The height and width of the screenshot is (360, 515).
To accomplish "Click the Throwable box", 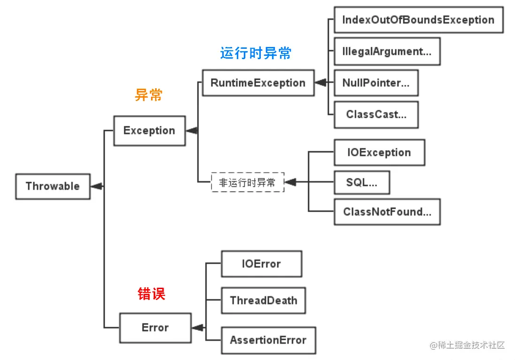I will [52, 186].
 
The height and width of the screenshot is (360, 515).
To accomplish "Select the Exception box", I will [149, 130].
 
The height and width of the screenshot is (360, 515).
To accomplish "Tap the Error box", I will [155, 328].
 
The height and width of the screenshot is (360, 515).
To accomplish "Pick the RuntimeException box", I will [257, 83].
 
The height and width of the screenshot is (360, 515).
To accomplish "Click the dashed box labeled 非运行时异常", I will [247, 183].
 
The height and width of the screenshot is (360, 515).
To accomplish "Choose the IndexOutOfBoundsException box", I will [418, 20].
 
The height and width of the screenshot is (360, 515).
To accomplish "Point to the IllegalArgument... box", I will [386, 52].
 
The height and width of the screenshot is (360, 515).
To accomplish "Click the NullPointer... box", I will [375, 83].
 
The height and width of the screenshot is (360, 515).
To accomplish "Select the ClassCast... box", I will [375, 114].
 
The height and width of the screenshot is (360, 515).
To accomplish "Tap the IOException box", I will [379, 153].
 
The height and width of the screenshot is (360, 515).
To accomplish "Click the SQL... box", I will [361, 183].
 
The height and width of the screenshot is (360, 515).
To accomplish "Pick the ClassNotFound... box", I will [386, 212].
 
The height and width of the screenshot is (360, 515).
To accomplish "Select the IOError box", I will [261, 264].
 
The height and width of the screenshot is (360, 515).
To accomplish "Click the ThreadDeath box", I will [263, 300].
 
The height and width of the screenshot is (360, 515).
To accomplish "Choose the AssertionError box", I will [268, 340].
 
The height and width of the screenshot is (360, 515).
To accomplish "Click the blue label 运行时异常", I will [256, 53].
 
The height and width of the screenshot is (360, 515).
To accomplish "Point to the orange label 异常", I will [148, 95].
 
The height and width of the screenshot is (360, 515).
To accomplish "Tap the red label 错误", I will [151, 294].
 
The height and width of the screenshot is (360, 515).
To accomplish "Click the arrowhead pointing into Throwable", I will [96, 186].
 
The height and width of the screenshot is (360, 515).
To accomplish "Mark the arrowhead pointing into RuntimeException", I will [321, 83].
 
